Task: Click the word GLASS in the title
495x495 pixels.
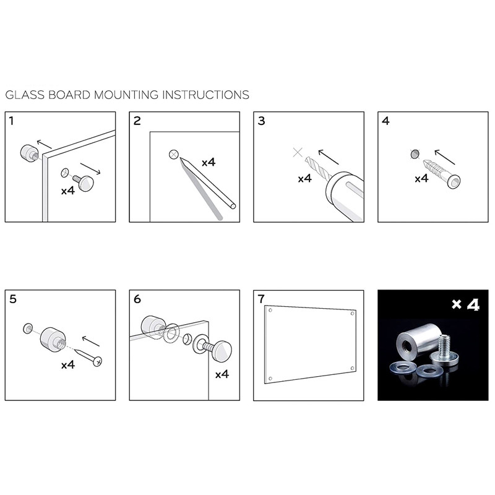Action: tap(25, 95)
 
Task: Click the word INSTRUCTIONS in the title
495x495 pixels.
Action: tap(205, 95)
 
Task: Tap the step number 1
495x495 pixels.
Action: tap(11, 121)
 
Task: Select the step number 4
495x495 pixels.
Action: tap(385, 121)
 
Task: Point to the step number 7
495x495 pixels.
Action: tap(261, 299)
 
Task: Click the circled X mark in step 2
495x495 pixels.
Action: tap(174, 154)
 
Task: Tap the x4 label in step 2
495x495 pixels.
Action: tap(209, 163)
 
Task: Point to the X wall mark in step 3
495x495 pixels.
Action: tap(298, 152)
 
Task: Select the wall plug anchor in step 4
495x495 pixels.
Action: tap(441, 174)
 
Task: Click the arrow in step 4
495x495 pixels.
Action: tap(444, 157)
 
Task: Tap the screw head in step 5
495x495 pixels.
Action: tap(98, 361)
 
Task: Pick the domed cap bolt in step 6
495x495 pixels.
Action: tap(213, 349)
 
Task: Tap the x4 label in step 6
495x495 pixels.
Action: tap(222, 374)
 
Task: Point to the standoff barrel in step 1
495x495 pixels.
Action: tap(29, 152)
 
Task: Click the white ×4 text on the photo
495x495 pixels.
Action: tap(465, 304)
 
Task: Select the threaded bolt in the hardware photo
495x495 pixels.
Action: tap(444, 351)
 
